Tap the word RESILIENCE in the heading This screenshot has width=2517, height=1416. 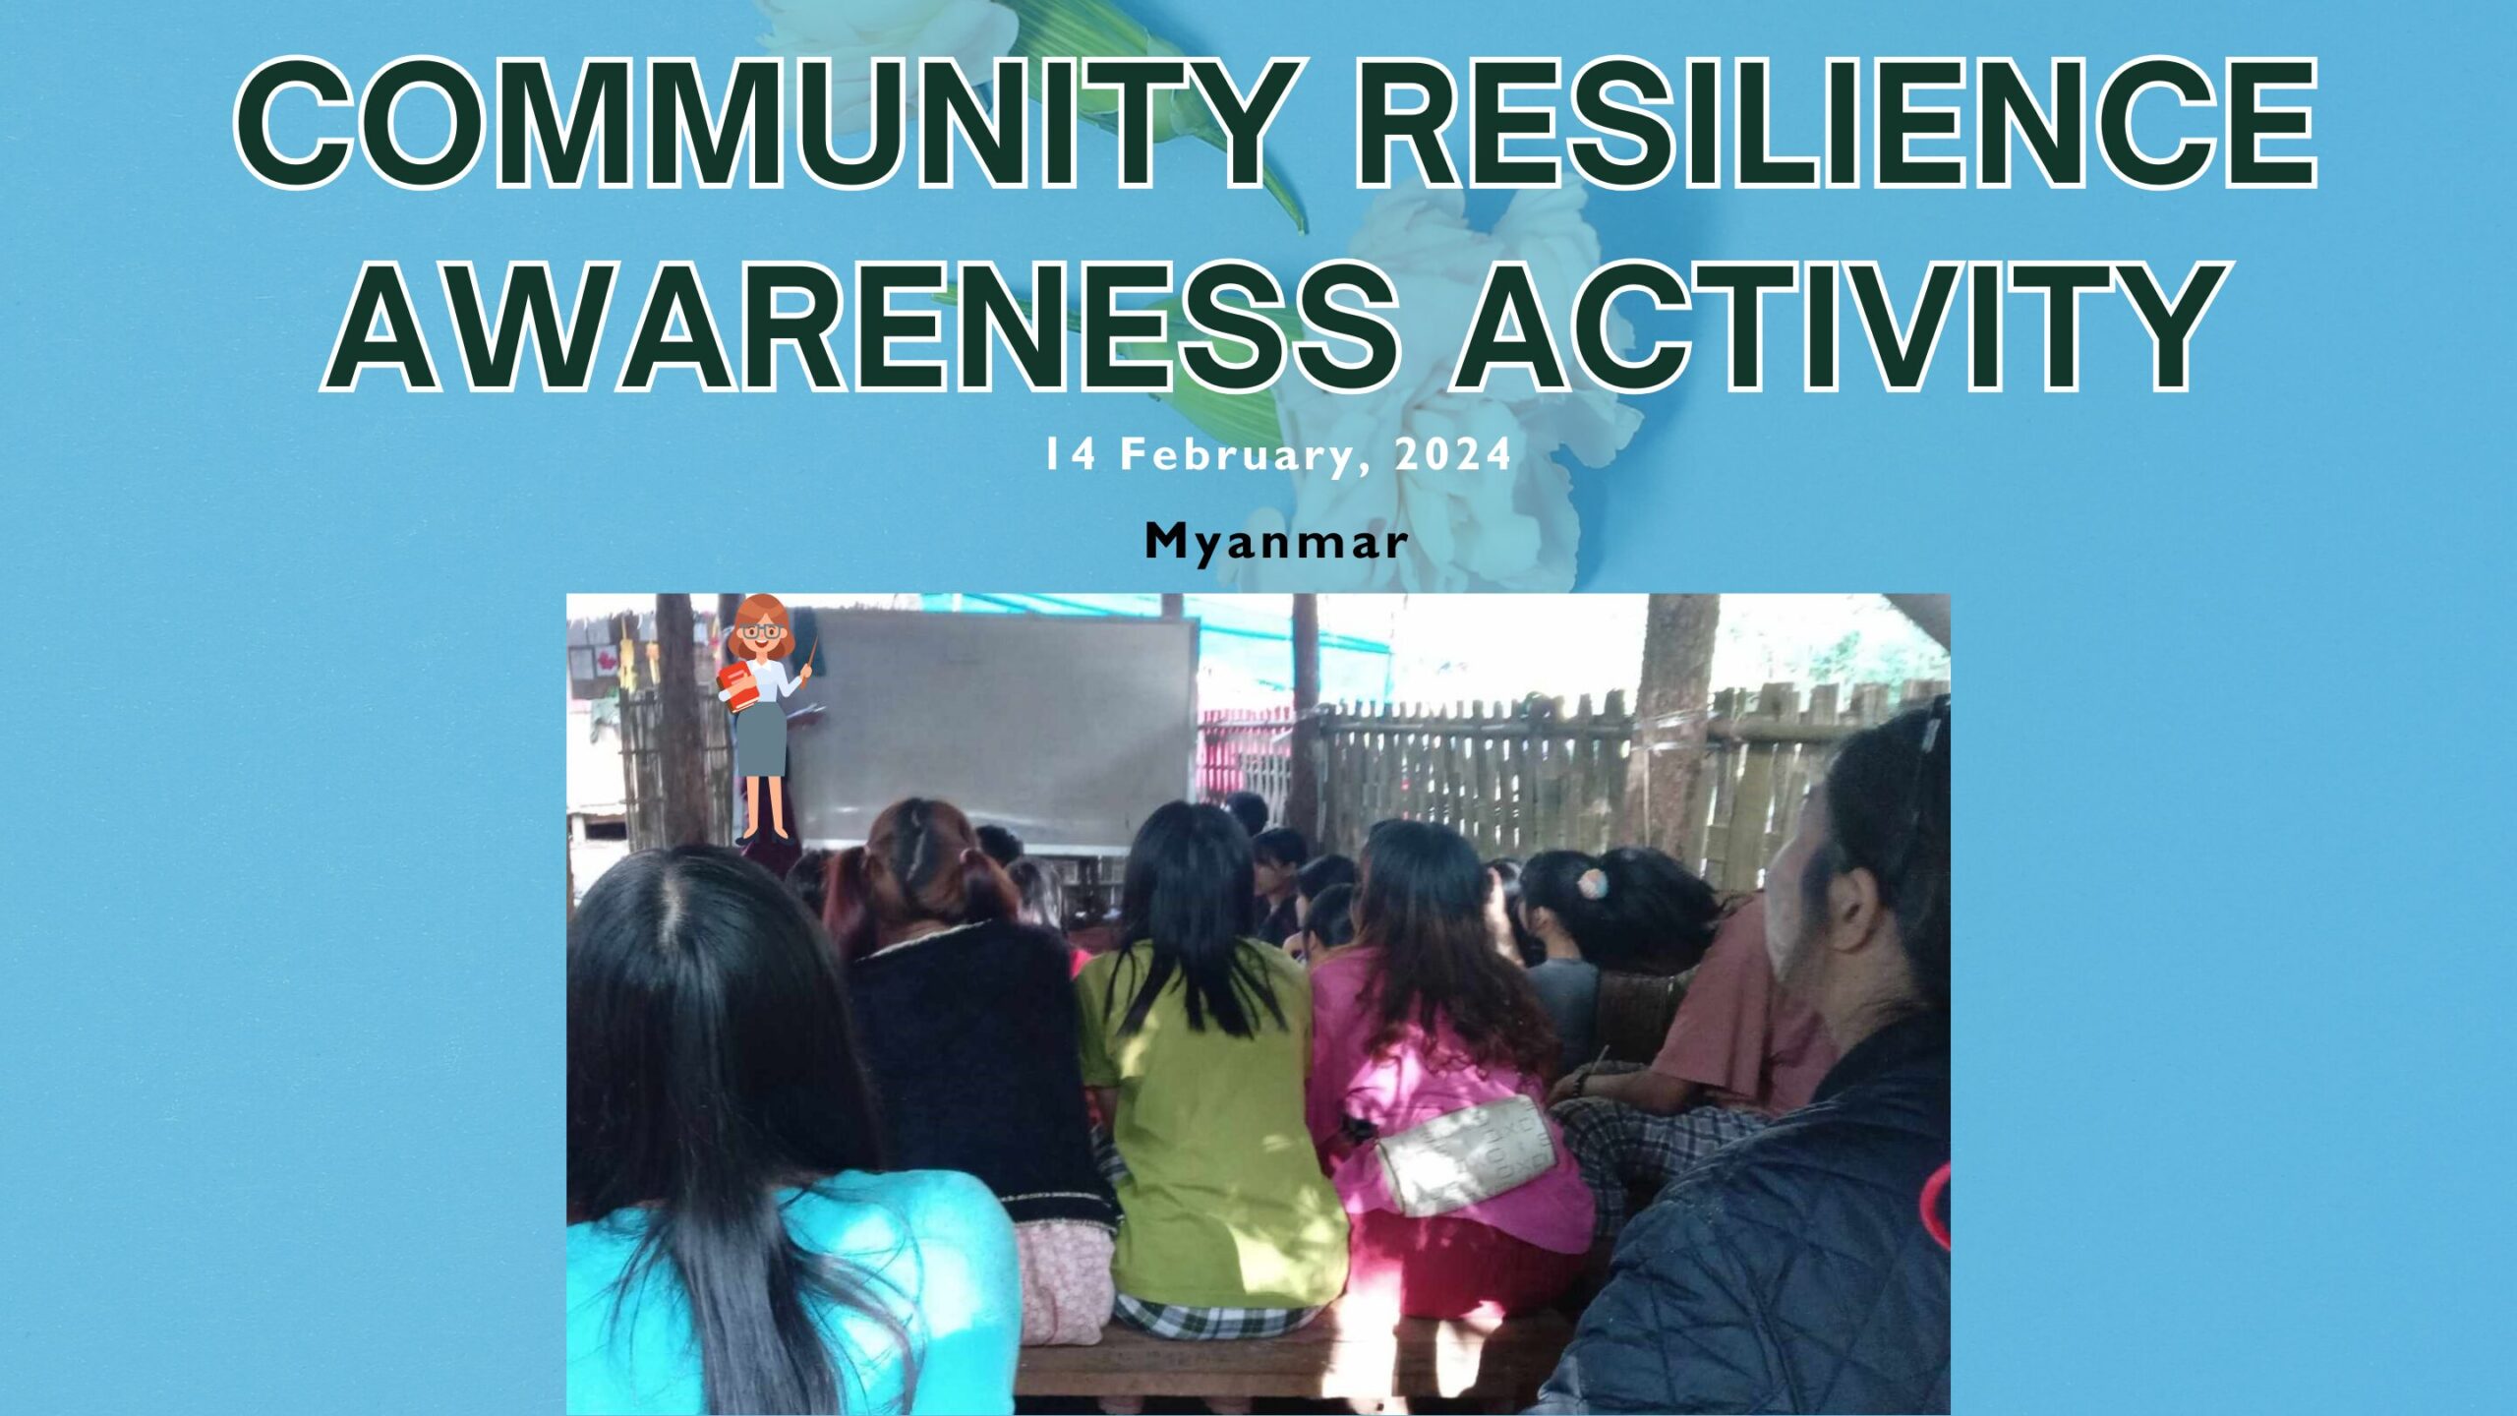(x=1837, y=122)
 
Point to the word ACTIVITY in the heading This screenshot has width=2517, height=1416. (x=1843, y=326)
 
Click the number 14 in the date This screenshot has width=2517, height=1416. (x=1070, y=454)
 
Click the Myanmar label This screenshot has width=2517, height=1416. (x=1276, y=542)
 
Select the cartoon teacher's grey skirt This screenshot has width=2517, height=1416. (x=762, y=738)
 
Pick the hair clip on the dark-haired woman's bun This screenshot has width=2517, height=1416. (x=1592, y=883)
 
